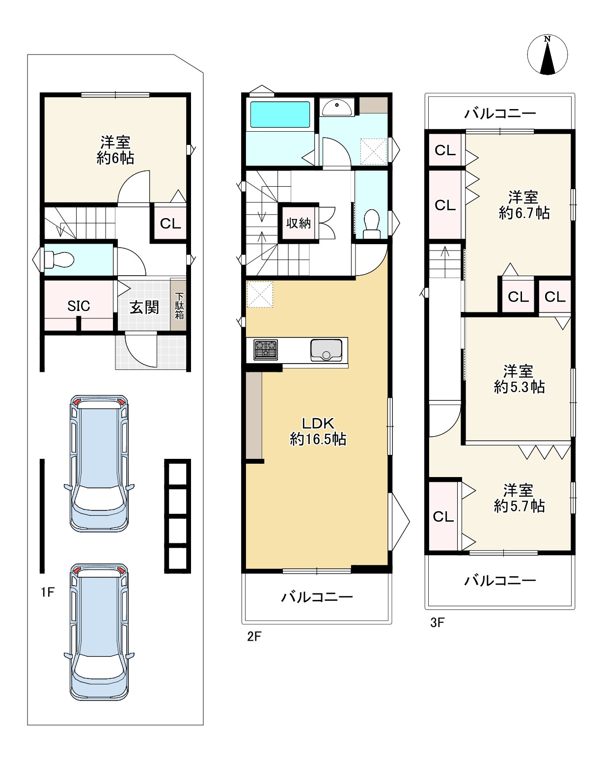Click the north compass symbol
pyautogui.click(x=547, y=55)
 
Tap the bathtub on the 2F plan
pyautogui.click(x=280, y=115)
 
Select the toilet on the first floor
pyautogui.click(x=58, y=258)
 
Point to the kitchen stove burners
pyautogui.click(x=265, y=349)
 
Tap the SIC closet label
pyautogui.click(x=79, y=306)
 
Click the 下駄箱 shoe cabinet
pyautogui.click(x=179, y=306)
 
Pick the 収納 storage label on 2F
pyautogui.click(x=298, y=223)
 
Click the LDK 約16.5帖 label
pyautogui.click(x=318, y=431)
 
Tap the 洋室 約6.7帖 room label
pyautogui.click(x=523, y=205)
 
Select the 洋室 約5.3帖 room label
pyautogui.click(x=519, y=379)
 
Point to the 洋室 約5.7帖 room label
pyautogui.click(x=519, y=498)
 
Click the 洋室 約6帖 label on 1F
pyautogui.click(x=115, y=150)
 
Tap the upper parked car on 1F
pyautogui.click(x=99, y=462)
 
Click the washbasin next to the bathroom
pyautogui.click(x=336, y=107)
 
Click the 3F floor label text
pyautogui.click(x=437, y=623)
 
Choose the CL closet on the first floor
pyautogui.click(x=170, y=224)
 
